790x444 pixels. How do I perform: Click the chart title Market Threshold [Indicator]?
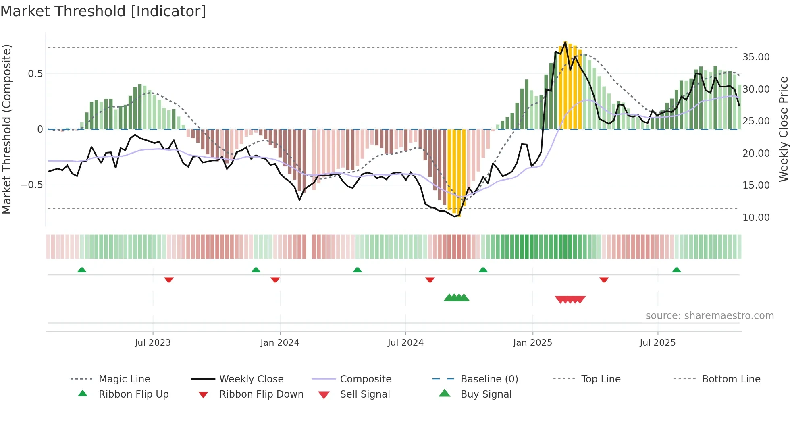pyautogui.click(x=103, y=11)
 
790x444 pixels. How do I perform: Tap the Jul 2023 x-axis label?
pyautogui.click(x=153, y=343)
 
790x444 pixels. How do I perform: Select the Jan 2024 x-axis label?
pyautogui.click(x=280, y=343)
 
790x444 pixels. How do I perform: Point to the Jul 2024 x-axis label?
pyautogui.click(x=405, y=343)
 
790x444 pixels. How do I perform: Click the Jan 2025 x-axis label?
pyautogui.click(x=532, y=343)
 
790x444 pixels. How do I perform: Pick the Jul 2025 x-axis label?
pyautogui.click(x=657, y=343)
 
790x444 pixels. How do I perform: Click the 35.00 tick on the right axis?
pyautogui.click(x=756, y=57)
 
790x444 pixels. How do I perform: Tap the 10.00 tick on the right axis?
pyautogui.click(x=756, y=218)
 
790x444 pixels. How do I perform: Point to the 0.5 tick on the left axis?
pyautogui.click(x=35, y=74)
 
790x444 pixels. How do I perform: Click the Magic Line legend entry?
pyautogui.click(x=124, y=379)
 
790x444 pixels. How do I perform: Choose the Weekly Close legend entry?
pyautogui.click(x=251, y=379)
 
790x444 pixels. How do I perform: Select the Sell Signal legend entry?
pyautogui.click(x=365, y=394)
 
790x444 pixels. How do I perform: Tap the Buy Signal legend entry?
pyautogui.click(x=486, y=394)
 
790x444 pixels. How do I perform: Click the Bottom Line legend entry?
pyautogui.click(x=731, y=379)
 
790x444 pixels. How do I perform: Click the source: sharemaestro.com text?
pyautogui.click(x=709, y=316)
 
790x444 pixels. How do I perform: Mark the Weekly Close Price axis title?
pyautogui.click(x=783, y=129)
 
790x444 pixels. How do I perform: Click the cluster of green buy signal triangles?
pyautogui.click(x=456, y=298)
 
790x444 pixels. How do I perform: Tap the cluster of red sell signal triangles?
pyautogui.click(x=570, y=299)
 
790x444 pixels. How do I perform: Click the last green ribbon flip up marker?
pyautogui.click(x=676, y=270)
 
